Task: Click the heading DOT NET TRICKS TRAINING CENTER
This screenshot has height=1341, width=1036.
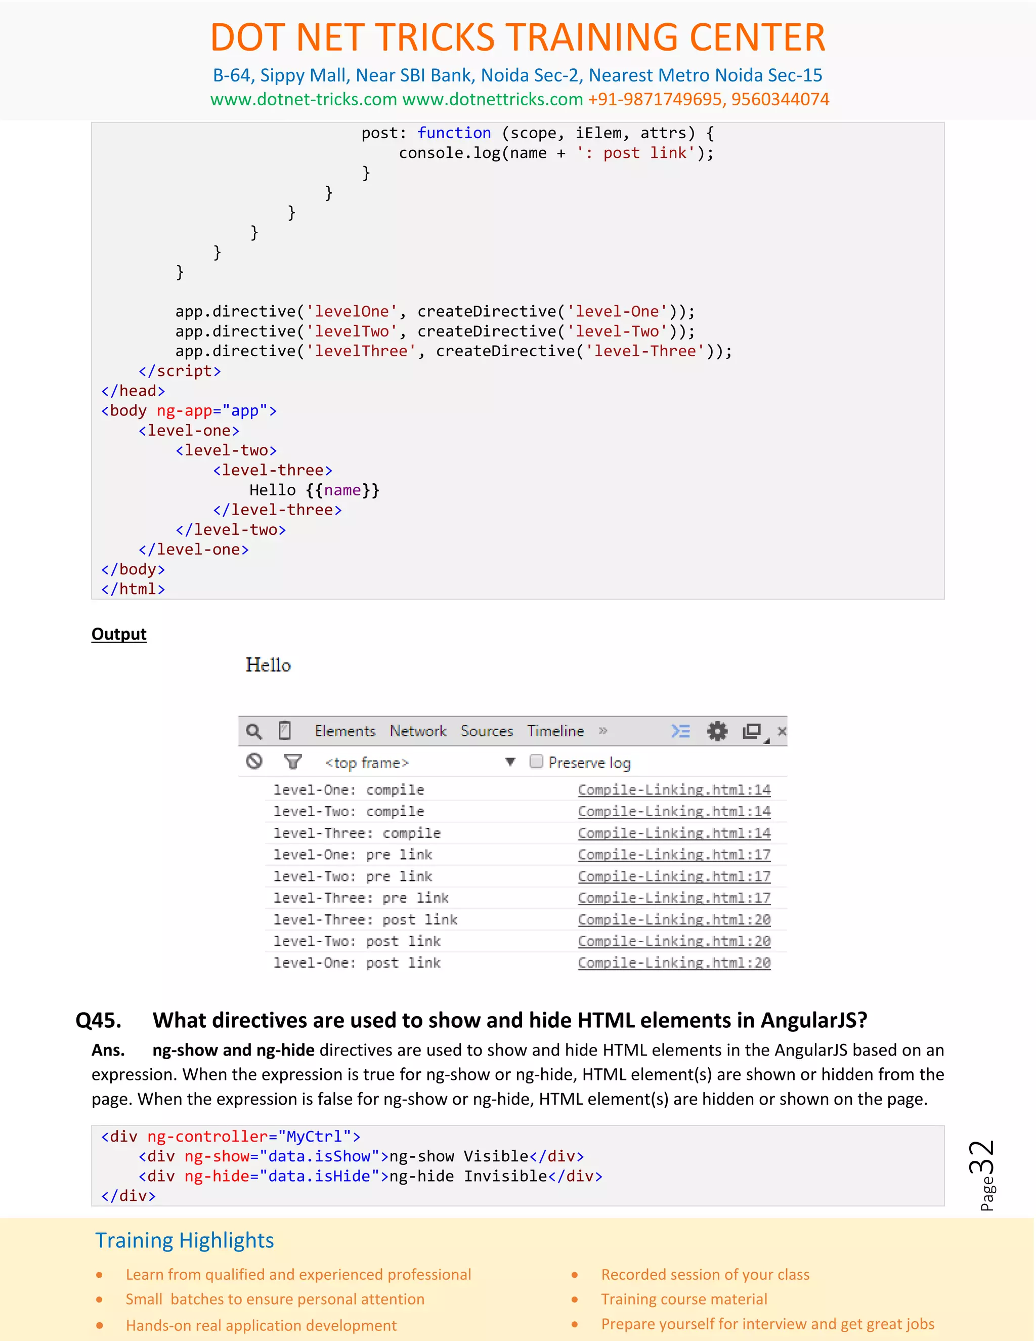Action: point(517,37)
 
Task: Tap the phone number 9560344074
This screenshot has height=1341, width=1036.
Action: point(780,100)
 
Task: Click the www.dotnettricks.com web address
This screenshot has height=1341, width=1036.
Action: point(492,100)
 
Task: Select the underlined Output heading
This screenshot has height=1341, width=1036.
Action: point(119,634)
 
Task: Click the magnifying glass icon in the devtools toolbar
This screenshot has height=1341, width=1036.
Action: point(253,731)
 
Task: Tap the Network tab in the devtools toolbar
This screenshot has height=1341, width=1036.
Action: point(418,731)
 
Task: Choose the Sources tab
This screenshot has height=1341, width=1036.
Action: point(487,731)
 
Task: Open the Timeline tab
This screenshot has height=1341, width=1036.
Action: point(555,731)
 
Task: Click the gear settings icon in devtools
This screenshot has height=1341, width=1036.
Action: point(717,731)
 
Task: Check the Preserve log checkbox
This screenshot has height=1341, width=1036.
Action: point(536,762)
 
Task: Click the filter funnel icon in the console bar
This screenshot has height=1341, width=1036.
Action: point(293,762)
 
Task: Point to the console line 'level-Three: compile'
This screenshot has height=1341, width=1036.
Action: point(357,833)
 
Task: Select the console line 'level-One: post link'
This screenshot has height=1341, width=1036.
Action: point(357,963)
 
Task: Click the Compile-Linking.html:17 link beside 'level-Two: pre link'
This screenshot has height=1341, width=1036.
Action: point(674,876)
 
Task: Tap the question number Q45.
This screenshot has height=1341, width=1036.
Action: point(98,1021)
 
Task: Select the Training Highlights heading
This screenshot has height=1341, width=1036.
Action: point(185,1240)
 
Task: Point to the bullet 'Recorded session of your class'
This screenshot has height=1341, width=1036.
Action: point(705,1275)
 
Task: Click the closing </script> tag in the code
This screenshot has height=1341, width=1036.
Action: point(180,371)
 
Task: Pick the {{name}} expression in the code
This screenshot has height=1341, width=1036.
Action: point(342,490)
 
